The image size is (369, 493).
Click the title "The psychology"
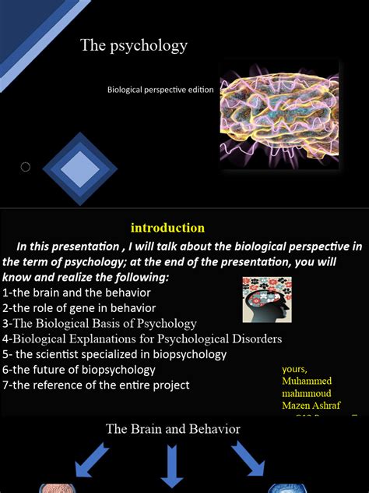pos(134,45)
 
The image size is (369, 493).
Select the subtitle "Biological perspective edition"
pos(160,90)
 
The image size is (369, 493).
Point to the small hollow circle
pos(25,167)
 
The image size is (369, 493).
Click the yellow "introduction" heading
pos(167,228)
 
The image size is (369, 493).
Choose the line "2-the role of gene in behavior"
pos(79,308)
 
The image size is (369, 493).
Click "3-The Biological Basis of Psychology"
pos(100,323)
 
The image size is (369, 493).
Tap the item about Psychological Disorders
pos(142,339)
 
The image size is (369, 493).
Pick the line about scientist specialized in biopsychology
pos(114,354)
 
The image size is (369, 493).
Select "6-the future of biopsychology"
pos(79,369)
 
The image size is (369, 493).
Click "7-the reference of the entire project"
pos(96,385)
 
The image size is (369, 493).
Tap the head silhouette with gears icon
pos(266,300)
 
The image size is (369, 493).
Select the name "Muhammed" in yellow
pos(306,381)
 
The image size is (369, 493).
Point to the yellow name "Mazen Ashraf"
pos(311,406)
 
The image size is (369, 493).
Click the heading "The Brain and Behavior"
pos(173,429)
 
